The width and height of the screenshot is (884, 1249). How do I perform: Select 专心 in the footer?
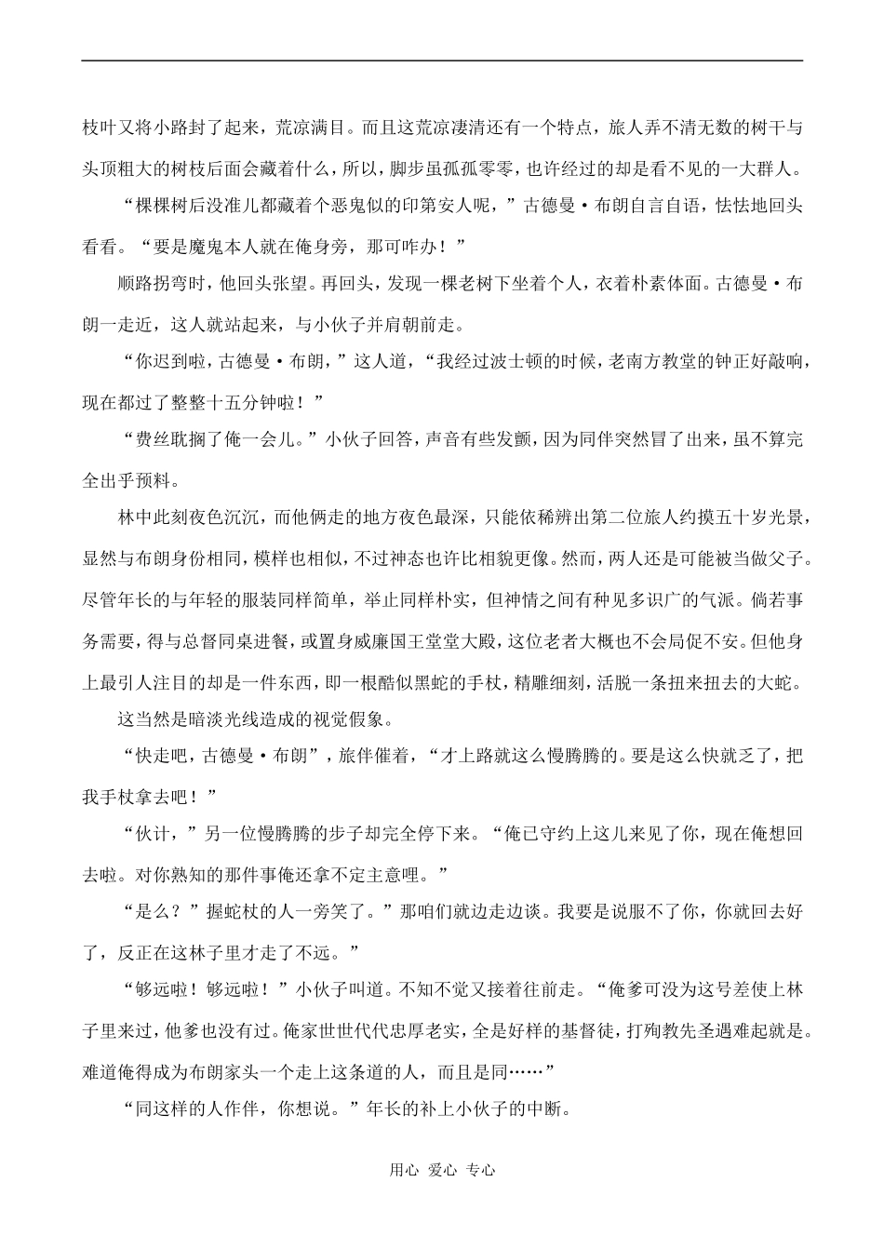pyautogui.click(x=481, y=1170)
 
